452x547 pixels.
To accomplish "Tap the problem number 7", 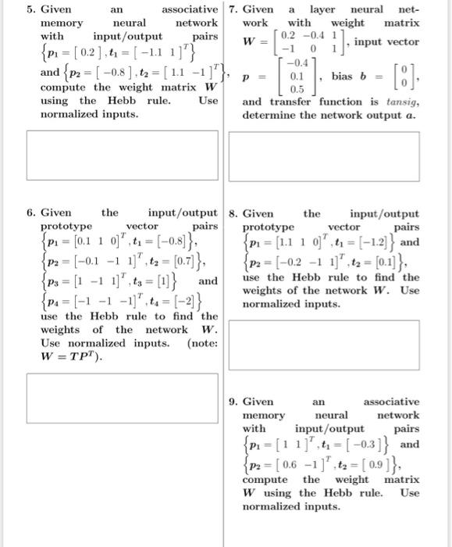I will pyautogui.click(x=234, y=10).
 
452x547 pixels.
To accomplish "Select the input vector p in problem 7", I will pyautogui.click(x=294, y=79).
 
